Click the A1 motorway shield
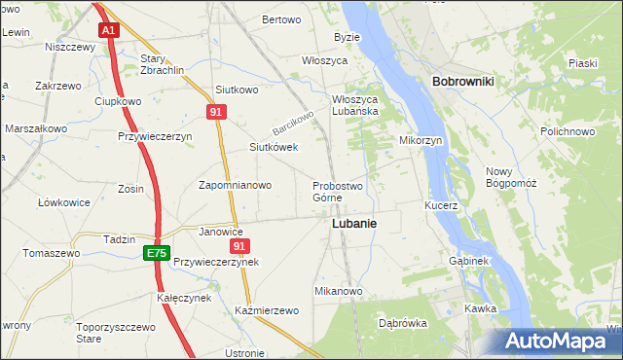[108, 30]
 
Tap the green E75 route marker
[155, 253]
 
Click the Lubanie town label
[354, 223]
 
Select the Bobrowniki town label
[462, 82]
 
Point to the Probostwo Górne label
[337, 192]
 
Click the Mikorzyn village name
[421, 140]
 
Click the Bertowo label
[281, 19]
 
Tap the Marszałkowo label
[36, 128]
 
